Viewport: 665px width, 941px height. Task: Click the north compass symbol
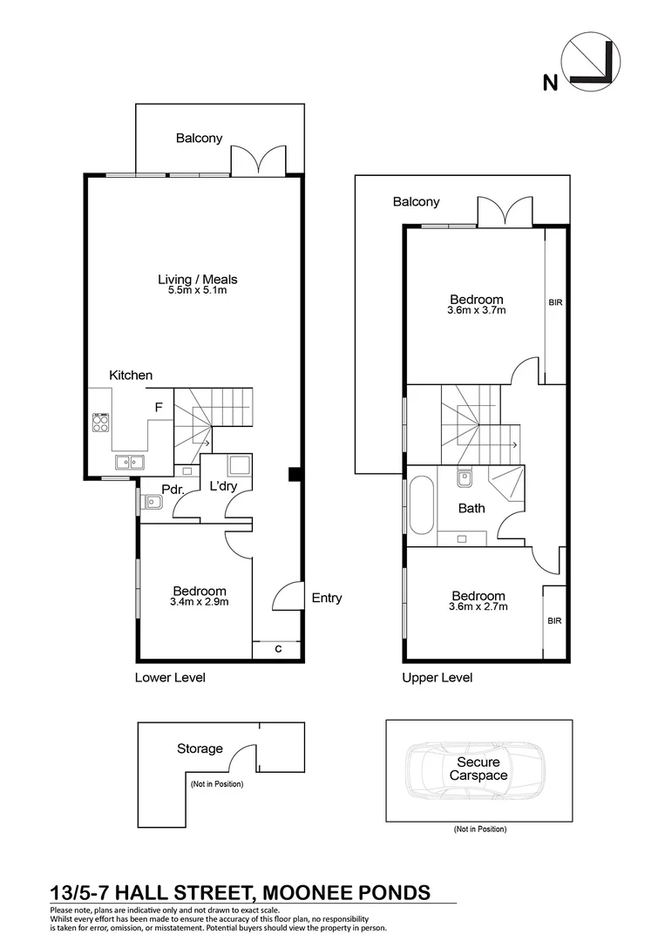click(x=591, y=65)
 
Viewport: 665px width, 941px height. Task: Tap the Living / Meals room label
click(x=197, y=280)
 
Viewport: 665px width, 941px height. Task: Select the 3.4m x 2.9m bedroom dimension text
click(x=199, y=601)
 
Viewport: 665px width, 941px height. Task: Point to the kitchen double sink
click(x=130, y=462)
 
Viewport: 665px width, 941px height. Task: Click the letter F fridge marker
click(x=159, y=407)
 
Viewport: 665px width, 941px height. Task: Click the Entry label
click(x=327, y=598)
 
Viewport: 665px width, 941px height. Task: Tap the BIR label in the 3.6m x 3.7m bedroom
click(x=555, y=302)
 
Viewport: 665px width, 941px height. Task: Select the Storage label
click(x=200, y=748)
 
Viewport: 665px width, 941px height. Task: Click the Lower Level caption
click(x=170, y=677)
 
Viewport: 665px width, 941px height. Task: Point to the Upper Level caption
click(x=437, y=677)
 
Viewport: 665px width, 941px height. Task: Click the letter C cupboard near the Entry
click(x=277, y=649)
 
